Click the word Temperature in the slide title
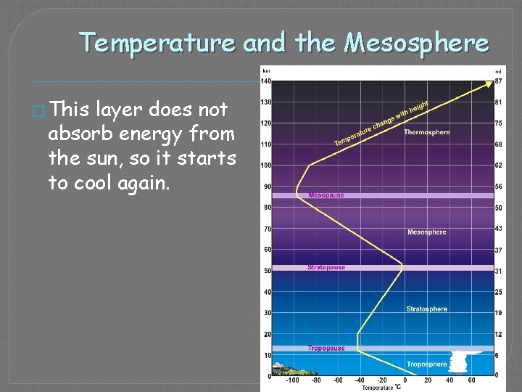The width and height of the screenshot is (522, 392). [157, 44]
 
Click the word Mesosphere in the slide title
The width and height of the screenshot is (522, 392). [417, 44]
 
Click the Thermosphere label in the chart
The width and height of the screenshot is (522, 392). [426, 132]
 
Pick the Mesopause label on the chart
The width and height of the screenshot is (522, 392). [326, 195]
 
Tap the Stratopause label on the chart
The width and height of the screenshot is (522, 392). [326, 267]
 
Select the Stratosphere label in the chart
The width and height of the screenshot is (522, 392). [426, 309]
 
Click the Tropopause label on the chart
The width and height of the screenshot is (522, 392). [326, 348]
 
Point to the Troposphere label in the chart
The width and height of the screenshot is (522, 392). [426, 364]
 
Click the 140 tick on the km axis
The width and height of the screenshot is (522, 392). [266, 81]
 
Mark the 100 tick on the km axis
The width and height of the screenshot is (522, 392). [266, 166]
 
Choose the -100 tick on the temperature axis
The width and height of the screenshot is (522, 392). [293, 380]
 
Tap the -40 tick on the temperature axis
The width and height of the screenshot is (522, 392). [360, 380]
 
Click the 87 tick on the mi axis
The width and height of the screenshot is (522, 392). [498, 81]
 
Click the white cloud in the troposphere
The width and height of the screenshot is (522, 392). [459, 361]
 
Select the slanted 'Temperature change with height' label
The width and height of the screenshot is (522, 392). [381, 123]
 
